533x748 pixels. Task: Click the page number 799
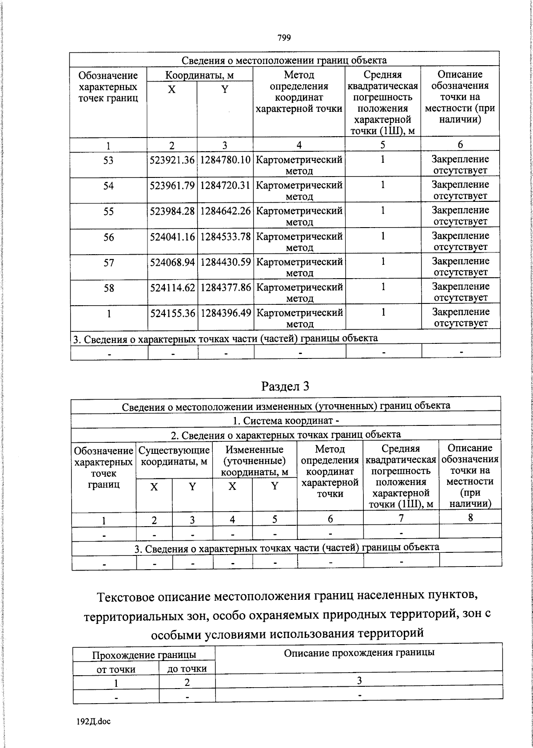[x=284, y=38]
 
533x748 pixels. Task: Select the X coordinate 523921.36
[x=172, y=160]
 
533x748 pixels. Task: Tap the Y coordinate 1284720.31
[x=226, y=185]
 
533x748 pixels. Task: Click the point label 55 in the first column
[x=108, y=212]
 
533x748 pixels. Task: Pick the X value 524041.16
[x=172, y=237]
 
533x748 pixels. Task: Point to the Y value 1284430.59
[x=226, y=263]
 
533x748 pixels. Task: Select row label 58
[x=108, y=288]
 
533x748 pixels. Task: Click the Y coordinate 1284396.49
[x=226, y=313]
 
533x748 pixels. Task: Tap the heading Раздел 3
[x=285, y=386]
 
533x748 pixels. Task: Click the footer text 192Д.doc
[x=94, y=721]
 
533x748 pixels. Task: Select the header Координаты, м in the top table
[x=199, y=75]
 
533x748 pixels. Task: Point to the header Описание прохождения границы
[x=359, y=653]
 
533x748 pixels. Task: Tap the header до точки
[x=187, y=669]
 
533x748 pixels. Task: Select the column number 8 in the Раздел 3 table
[x=470, y=517]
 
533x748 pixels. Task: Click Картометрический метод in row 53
[x=299, y=165]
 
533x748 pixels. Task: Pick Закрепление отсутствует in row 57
[x=460, y=267]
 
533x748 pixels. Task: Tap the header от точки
[x=116, y=669]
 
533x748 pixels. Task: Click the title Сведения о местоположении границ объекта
[x=284, y=60]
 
